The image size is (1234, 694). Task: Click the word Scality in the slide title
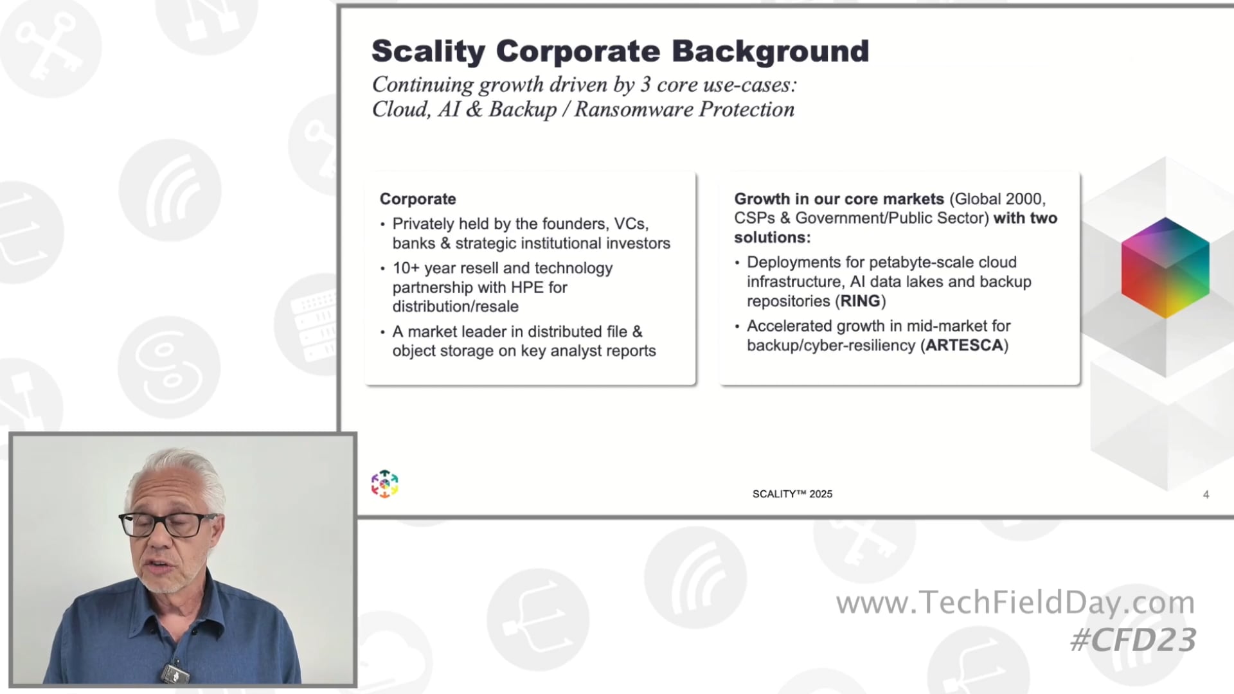[x=428, y=51]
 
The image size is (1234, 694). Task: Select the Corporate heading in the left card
[x=418, y=199]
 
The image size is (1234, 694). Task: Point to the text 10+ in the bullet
[x=406, y=268]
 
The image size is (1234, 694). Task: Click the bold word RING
[x=860, y=301]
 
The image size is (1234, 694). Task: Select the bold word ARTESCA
[x=964, y=345]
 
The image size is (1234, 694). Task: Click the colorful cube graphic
[x=1165, y=267]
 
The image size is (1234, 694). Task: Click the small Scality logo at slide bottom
[x=384, y=484]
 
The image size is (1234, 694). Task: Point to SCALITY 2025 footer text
[x=792, y=494]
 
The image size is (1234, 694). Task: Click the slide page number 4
[x=1206, y=494]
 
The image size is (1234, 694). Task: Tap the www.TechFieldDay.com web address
[x=1015, y=603]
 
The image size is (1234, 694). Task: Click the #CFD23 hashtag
[x=1132, y=639]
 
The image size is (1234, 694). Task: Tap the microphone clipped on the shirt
[x=175, y=673]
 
